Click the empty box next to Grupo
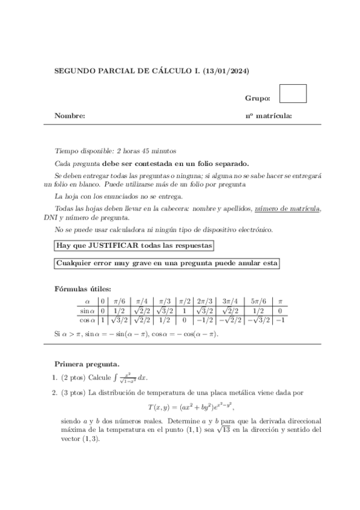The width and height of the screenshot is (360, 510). (x=293, y=94)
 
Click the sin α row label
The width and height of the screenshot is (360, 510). (x=87, y=310)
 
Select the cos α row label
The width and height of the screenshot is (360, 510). (x=87, y=320)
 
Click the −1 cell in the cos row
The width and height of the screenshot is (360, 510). (x=279, y=320)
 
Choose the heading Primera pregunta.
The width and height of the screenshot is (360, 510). (x=87, y=364)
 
